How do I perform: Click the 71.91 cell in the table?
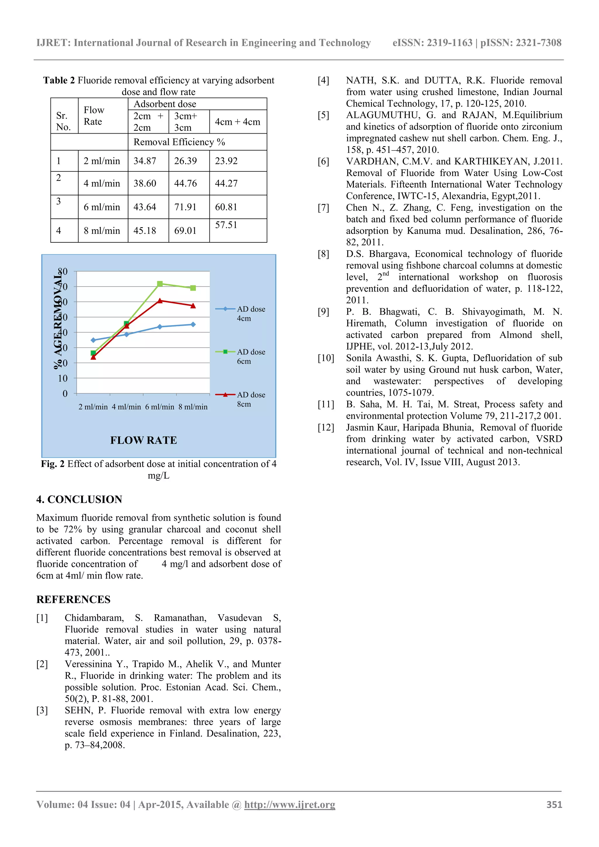(x=185, y=207)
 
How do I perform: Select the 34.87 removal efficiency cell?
(x=145, y=161)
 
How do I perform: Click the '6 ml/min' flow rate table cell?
(x=102, y=207)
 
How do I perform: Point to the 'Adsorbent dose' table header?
(x=165, y=104)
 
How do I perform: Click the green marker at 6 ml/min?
(x=160, y=284)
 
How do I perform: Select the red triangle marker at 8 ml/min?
(x=193, y=306)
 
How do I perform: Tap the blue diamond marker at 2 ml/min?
(x=93, y=340)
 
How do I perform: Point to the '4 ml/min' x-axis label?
(x=126, y=407)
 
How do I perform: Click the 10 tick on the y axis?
(x=63, y=378)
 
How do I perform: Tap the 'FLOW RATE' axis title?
(x=144, y=440)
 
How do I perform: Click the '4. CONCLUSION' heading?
(x=79, y=499)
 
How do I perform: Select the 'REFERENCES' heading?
(x=73, y=599)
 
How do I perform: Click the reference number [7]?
(x=323, y=208)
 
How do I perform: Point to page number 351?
(x=554, y=805)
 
